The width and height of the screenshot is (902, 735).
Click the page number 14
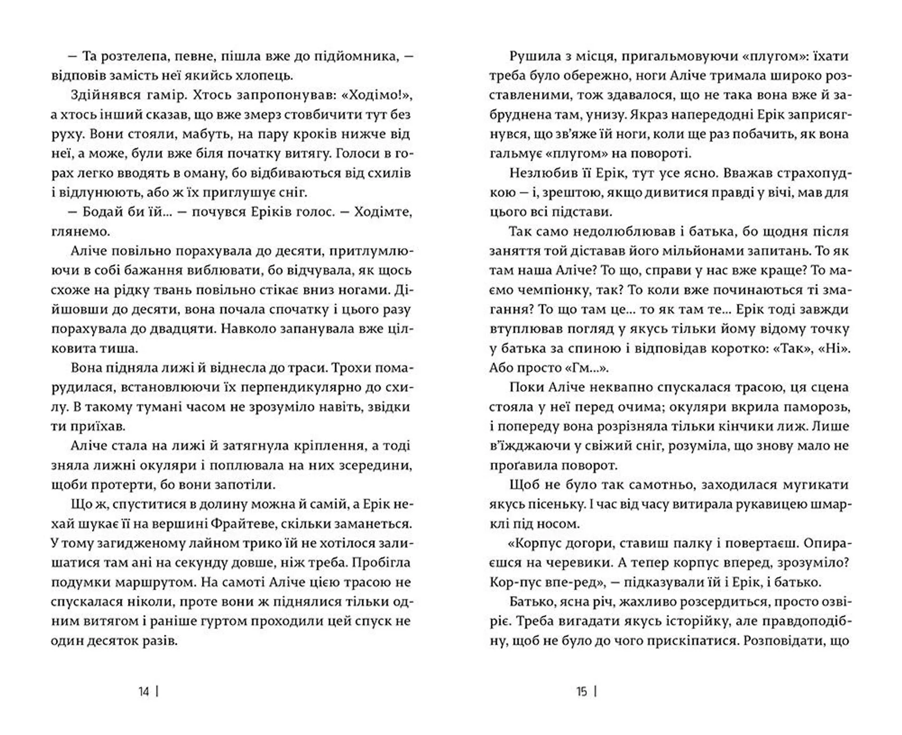tap(144, 692)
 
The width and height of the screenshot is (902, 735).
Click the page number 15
tap(582, 692)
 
